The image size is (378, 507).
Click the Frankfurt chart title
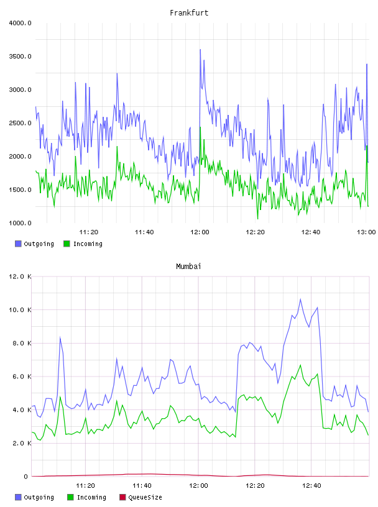[189, 13]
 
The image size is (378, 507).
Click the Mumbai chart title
[188, 267]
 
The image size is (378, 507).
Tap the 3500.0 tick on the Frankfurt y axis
[20, 57]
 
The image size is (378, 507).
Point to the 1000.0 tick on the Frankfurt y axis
[20, 223]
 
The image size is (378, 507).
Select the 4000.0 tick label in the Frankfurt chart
[20, 23]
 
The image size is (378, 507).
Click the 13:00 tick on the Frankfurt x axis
[366, 232]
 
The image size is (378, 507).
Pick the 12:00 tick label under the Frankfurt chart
[200, 232]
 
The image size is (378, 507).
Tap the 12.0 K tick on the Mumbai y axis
[20, 276]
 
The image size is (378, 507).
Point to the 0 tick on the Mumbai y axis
[25, 477]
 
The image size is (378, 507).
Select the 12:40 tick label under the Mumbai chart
[311, 486]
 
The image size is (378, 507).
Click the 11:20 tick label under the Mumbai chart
[85, 486]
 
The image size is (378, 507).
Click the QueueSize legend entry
[141, 497]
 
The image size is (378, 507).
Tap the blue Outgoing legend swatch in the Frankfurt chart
[18, 244]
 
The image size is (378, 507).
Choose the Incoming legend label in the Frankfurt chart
[88, 244]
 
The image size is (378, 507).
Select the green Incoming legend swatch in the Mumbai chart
[70, 497]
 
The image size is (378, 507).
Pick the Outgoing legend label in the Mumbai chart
[39, 498]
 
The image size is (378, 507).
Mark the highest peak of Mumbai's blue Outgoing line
[300, 299]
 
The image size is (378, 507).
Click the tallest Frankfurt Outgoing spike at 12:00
[200, 50]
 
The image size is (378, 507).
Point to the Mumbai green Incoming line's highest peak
[300, 365]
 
